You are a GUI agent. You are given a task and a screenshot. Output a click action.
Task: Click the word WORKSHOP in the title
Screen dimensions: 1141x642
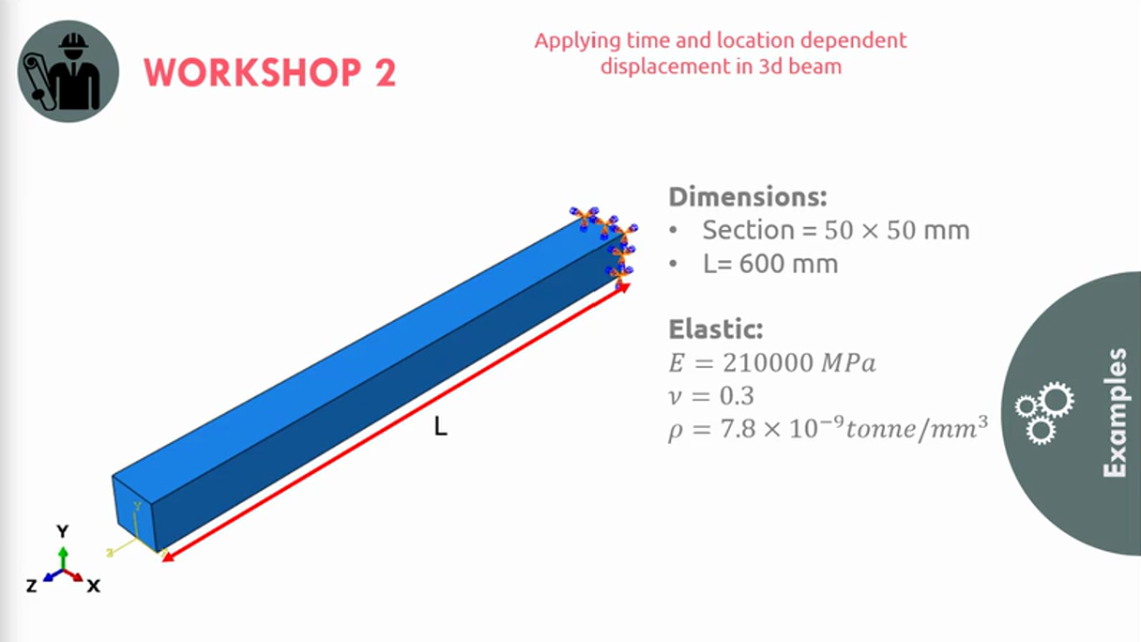[x=252, y=72]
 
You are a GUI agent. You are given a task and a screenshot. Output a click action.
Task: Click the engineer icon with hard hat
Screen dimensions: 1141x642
[x=68, y=71]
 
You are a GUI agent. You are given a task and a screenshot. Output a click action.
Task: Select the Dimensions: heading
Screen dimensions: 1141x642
[x=747, y=197]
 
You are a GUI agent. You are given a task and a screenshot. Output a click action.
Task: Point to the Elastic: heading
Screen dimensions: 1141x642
[x=716, y=329]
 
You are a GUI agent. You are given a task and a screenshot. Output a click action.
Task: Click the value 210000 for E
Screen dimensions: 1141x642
[x=768, y=363]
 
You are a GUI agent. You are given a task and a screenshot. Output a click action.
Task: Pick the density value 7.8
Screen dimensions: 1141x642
[x=738, y=429]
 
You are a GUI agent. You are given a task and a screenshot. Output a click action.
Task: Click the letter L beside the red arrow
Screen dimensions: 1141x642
[x=441, y=426]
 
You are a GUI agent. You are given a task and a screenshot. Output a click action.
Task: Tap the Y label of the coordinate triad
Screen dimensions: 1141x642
[x=62, y=531]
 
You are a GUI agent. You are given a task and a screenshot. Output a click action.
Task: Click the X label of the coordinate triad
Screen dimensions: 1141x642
[x=93, y=586]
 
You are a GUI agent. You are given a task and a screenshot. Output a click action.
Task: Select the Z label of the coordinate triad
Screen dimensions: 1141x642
[x=32, y=586]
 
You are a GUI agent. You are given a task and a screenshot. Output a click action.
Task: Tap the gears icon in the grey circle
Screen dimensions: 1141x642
[x=1044, y=413]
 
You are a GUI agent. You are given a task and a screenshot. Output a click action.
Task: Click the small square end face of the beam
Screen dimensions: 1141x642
[x=134, y=513]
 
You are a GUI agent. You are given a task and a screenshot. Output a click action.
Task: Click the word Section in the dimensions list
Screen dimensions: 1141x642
[x=748, y=230]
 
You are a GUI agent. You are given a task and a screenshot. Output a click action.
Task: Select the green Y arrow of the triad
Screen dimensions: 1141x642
[x=63, y=558]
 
